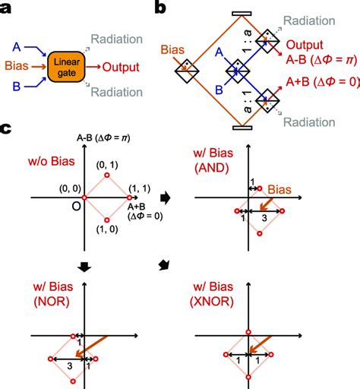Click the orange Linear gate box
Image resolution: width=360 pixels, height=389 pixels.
point(68,65)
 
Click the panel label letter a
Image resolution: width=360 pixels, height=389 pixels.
point(9,8)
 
